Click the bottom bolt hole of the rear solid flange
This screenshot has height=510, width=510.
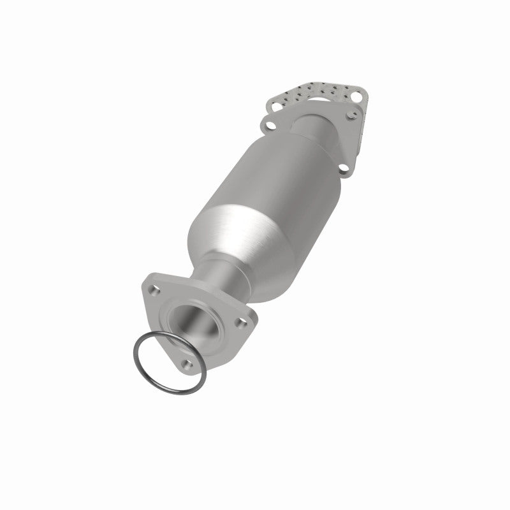[x=344, y=168]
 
